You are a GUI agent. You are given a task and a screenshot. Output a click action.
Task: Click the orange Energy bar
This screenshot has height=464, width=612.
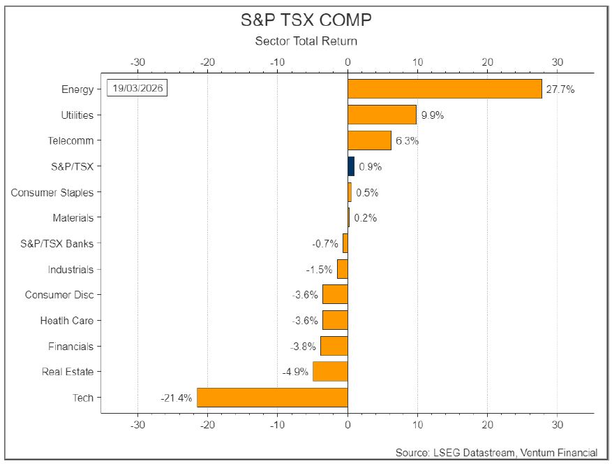(x=445, y=89)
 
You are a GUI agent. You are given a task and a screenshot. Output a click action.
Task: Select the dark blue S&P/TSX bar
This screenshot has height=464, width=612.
(x=351, y=166)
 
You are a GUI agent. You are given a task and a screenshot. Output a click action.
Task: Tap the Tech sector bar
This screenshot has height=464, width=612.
(x=272, y=398)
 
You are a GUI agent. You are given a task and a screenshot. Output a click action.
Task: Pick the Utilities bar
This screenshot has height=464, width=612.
(x=382, y=115)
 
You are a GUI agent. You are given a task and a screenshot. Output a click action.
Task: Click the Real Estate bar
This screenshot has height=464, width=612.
(x=330, y=371)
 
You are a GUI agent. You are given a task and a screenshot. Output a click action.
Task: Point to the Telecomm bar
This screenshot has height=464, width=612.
(x=369, y=140)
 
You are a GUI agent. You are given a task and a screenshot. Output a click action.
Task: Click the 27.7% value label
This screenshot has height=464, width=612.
(x=560, y=89)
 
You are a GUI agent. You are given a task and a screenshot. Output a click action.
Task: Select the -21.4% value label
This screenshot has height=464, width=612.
(x=177, y=398)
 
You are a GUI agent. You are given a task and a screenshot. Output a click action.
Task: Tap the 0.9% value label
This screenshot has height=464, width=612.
(x=370, y=167)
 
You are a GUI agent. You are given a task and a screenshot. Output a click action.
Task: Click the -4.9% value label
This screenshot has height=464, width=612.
(x=295, y=372)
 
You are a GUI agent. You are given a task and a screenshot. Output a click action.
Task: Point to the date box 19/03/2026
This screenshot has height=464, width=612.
(x=137, y=88)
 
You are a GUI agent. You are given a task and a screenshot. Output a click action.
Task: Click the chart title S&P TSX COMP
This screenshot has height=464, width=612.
(x=306, y=20)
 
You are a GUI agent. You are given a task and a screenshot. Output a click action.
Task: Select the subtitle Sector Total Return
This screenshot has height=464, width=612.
(x=306, y=41)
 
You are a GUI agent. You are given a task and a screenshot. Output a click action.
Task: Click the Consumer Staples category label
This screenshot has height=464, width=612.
(x=52, y=193)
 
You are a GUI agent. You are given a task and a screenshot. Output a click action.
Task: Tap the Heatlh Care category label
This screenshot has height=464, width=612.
(x=67, y=321)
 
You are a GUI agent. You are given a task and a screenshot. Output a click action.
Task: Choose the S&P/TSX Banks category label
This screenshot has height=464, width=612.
(x=57, y=244)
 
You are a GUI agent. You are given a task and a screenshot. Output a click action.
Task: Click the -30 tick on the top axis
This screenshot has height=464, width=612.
(x=137, y=62)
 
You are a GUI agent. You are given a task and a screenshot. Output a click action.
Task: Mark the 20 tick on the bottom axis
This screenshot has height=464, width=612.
(x=488, y=425)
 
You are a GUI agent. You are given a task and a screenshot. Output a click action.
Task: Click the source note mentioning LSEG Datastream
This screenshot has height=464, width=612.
(x=496, y=453)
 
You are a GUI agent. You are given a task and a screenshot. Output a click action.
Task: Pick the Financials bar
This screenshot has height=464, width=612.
(x=334, y=346)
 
